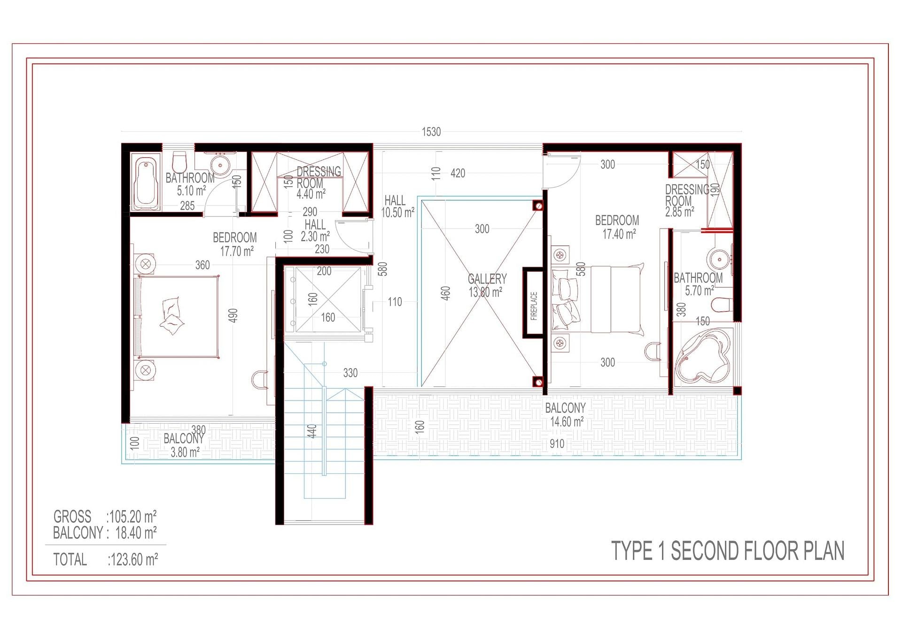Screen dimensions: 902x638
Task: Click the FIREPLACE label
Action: (534, 306)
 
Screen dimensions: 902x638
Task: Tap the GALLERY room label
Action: (487, 279)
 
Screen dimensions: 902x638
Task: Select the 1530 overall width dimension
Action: (431, 132)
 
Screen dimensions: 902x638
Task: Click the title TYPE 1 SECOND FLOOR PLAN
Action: (728, 551)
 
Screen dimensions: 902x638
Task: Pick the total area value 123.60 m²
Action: (134, 559)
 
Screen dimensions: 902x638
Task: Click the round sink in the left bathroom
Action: (220, 165)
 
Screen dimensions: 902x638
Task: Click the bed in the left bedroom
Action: (177, 317)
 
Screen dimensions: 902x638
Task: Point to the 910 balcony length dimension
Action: (557, 443)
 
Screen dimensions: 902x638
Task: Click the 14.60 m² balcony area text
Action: (567, 422)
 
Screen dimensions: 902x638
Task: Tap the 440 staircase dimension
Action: (312, 431)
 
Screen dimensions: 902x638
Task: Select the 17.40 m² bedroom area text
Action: (619, 234)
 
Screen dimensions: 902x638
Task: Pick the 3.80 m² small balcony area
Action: (185, 452)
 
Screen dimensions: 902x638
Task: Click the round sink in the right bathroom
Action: (719, 259)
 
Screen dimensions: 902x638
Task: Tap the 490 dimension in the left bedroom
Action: (233, 315)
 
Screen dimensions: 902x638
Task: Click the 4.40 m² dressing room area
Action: (311, 193)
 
